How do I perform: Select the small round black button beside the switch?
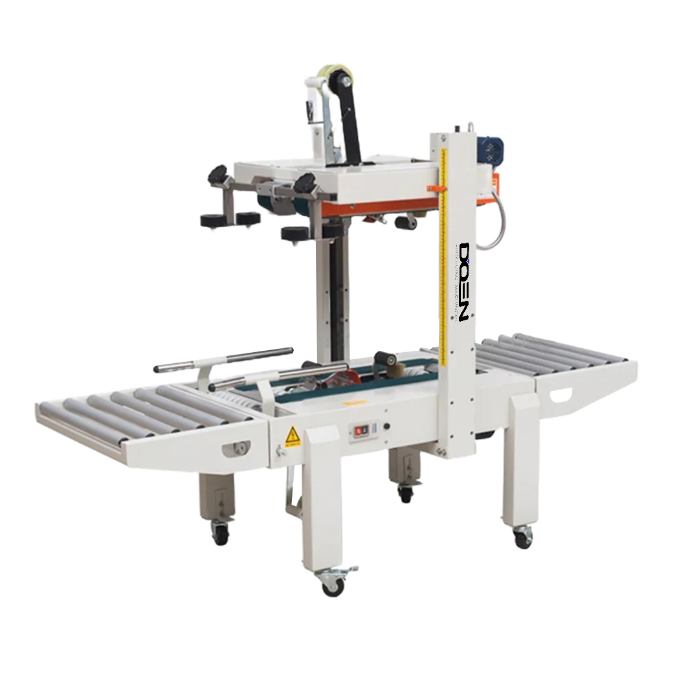click(386, 427)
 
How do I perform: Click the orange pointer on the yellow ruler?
click(434, 188)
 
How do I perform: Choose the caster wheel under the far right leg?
click(522, 537)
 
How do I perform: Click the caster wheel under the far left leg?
click(221, 533)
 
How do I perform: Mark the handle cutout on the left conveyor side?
click(236, 448)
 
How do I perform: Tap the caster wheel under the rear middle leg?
click(406, 495)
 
